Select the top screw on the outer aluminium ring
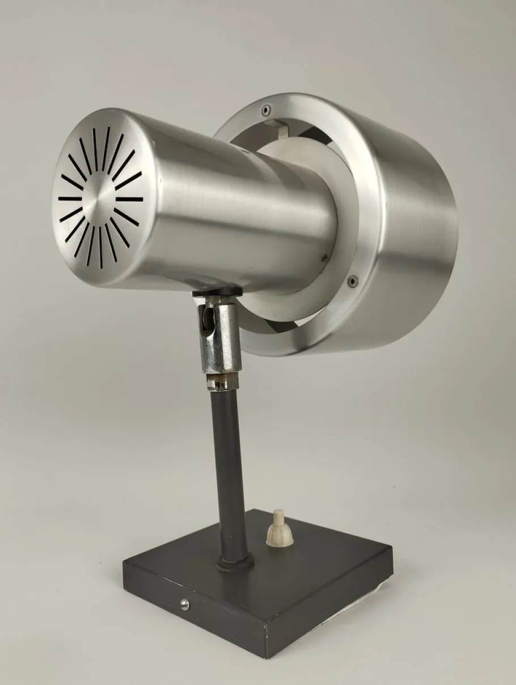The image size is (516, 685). (x=266, y=109)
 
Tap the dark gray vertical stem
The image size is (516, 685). (x=230, y=465)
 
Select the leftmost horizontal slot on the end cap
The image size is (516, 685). (x=69, y=198)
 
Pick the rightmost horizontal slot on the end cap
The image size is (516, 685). (x=130, y=199)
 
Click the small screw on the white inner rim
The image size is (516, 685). (x=324, y=257)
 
